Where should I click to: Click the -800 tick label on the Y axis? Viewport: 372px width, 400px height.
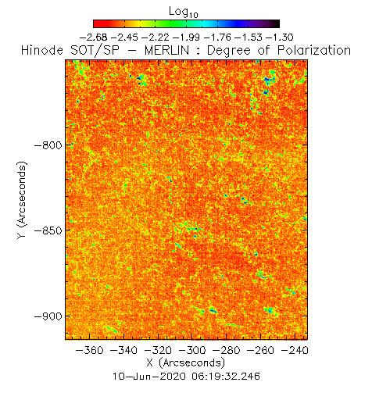[48, 145]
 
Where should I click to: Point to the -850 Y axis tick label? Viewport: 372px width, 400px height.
[48, 230]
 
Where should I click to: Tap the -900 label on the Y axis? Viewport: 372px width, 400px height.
[48, 316]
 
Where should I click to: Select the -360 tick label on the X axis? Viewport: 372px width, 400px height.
[89, 350]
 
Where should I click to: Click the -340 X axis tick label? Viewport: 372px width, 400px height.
[123, 350]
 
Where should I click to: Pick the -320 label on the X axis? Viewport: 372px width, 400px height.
[158, 350]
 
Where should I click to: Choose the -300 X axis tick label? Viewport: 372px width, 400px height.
[192, 350]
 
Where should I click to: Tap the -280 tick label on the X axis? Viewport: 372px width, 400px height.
[226, 350]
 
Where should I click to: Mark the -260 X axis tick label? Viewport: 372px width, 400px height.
[260, 350]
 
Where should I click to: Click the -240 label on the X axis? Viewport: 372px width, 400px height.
[295, 350]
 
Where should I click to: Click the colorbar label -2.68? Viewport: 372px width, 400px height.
[93, 37]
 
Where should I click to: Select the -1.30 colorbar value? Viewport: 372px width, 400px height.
[280, 37]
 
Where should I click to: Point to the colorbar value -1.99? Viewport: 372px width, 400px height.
[186, 37]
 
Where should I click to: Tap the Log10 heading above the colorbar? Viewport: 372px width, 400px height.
[184, 12]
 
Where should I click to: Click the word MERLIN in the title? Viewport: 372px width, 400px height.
[166, 50]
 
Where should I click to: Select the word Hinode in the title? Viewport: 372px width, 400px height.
[42, 50]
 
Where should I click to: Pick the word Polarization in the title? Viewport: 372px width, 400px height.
[314, 50]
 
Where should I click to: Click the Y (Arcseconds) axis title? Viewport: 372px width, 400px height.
[22, 200]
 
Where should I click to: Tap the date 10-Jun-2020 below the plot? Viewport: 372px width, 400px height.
[149, 377]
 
